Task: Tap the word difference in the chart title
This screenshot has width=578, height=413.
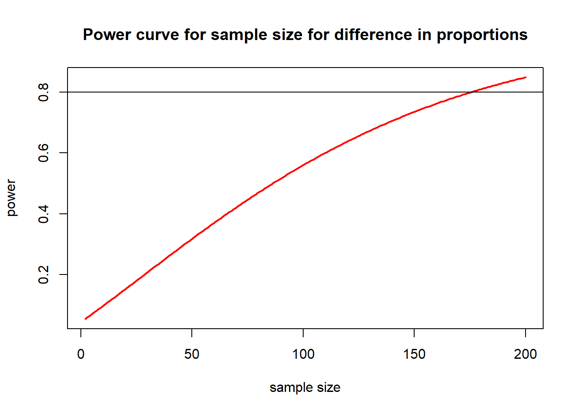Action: coord(373,34)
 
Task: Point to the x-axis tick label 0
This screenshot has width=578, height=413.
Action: coord(81,354)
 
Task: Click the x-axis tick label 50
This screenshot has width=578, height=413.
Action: coord(192,354)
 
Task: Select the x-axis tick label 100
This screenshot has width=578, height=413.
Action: coord(303,354)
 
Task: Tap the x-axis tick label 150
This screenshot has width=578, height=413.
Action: coord(414,354)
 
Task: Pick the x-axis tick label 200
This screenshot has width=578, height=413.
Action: coord(525,354)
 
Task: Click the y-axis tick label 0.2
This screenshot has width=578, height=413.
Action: coord(43,274)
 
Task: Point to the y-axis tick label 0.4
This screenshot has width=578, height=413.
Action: coord(43,214)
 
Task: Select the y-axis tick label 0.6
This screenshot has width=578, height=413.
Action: coord(43,153)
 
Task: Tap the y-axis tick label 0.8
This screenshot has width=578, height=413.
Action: coord(43,92)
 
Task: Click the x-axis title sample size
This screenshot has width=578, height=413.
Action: coord(305,388)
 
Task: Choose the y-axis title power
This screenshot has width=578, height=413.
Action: coord(11,198)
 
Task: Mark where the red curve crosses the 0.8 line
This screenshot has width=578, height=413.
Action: coord(472,92)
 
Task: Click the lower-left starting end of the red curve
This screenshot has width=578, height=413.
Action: coord(86,319)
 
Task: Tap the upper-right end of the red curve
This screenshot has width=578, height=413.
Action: coord(526,77)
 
